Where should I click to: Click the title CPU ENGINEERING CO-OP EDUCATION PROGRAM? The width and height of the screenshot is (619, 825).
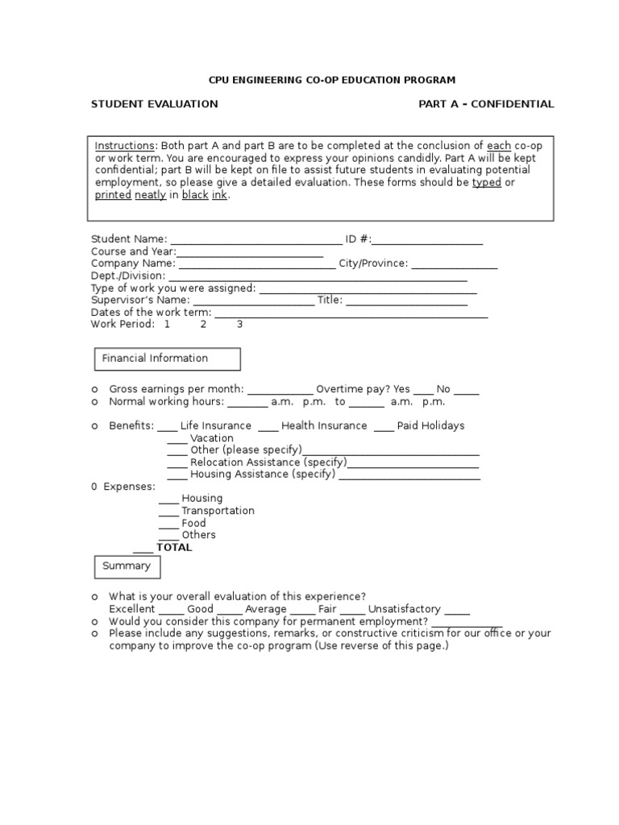point(332,80)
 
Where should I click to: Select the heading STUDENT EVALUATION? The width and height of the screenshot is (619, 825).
point(154,104)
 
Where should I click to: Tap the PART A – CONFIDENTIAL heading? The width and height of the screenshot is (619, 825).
point(486,104)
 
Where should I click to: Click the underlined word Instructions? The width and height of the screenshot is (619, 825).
point(124,146)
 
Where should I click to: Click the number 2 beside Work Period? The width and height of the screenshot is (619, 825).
point(203,324)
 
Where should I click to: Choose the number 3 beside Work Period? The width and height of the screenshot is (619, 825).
point(239,324)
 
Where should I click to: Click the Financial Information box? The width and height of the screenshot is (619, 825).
point(168,359)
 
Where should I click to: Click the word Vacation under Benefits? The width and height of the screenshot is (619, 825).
point(212,438)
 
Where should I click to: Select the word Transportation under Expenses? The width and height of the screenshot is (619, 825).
point(218,511)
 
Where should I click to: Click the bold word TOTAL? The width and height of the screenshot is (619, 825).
point(174,548)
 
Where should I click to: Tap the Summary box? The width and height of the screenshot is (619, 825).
point(127,566)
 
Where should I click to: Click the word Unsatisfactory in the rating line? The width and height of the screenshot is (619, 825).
point(405,609)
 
